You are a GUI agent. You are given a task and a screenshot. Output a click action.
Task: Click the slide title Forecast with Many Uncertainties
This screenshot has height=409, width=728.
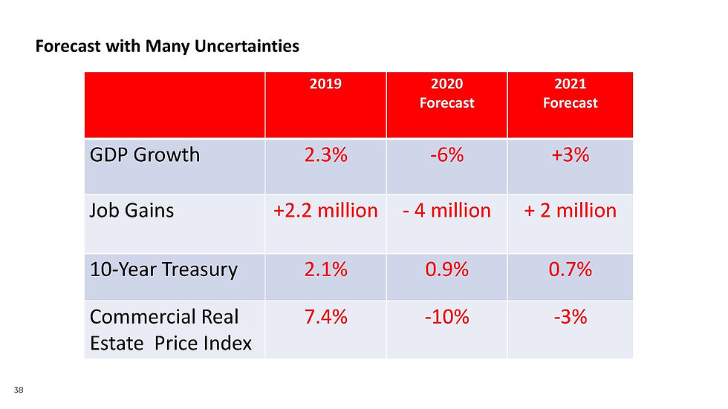pyautogui.click(x=167, y=47)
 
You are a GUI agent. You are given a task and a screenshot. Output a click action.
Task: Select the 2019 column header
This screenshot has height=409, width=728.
pyautogui.click(x=325, y=84)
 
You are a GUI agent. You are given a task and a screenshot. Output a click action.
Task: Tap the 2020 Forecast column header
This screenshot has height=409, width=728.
pyautogui.click(x=446, y=94)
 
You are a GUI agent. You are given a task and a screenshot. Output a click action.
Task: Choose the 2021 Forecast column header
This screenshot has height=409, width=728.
pyautogui.click(x=570, y=94)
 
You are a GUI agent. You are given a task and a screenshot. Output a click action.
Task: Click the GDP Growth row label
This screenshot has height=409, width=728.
pyautogui.click(x=145, y=154)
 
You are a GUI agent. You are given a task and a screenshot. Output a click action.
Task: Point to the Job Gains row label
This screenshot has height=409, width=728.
pyautogui.click(x=131, y=211)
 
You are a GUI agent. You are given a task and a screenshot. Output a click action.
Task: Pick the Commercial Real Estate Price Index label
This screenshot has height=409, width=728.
pyautogui.click(x=170, y=330)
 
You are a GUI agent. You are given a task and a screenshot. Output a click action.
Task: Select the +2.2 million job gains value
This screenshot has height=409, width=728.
pyautogui.click(x=325, y=211)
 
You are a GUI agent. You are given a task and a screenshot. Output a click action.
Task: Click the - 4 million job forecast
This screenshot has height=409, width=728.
pyautogui.click(x=446, y=211)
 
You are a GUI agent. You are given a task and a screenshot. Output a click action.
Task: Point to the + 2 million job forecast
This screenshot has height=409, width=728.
pyautogui.click(x=570, y=211)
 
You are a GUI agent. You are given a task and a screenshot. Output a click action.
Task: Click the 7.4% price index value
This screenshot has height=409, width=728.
pyautogui.click(x=325, y=317)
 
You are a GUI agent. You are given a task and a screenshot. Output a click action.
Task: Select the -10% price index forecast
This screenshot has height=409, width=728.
pyautogui.click(x=446, y=317)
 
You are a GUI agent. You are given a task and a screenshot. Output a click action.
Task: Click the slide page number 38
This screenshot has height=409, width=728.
pyautogui.click(x=19, y=390)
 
